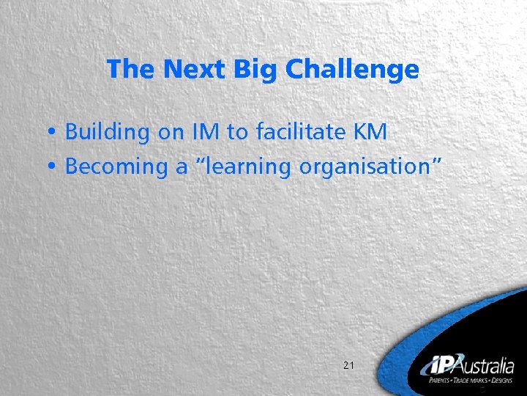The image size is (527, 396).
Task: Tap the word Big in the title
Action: tap(257, 70)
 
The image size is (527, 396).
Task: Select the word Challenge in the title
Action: tap(351, 70)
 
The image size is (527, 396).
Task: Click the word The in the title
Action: tap(132, 70)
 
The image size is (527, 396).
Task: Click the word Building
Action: tap(106, 133)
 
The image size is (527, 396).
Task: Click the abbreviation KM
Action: tap(370, 132)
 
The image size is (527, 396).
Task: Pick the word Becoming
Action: tap(116, 167)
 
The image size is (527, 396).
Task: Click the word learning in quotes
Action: tap(247, 167)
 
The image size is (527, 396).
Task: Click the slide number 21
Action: tap(348, 364)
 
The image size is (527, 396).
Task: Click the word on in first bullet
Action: tap(171, 133)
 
